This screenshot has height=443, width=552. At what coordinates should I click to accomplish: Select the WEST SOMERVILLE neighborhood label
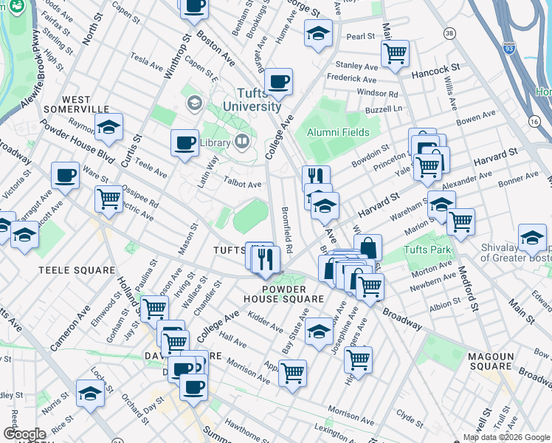coord(76,104)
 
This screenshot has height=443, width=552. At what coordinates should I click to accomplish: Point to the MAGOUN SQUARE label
coord(491,361)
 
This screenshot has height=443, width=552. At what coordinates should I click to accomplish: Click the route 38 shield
coord(449,33)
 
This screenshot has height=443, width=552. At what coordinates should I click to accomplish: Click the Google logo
coord(24,434)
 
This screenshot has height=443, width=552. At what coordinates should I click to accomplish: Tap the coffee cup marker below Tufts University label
coord(278,81)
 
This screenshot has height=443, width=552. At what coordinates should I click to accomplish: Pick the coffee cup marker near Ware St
coord(65,175)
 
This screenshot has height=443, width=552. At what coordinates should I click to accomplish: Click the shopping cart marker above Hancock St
coord(395,52)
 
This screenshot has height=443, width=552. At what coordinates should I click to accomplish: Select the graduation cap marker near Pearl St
coord(318,32)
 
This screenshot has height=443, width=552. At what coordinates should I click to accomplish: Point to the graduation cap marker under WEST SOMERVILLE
coord(108,127)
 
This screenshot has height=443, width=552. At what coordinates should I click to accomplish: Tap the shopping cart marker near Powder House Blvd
coord(108,197)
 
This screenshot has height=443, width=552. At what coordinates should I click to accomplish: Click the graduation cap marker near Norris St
coord(90,393)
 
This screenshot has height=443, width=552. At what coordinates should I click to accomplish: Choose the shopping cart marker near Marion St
coord(460,221)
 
